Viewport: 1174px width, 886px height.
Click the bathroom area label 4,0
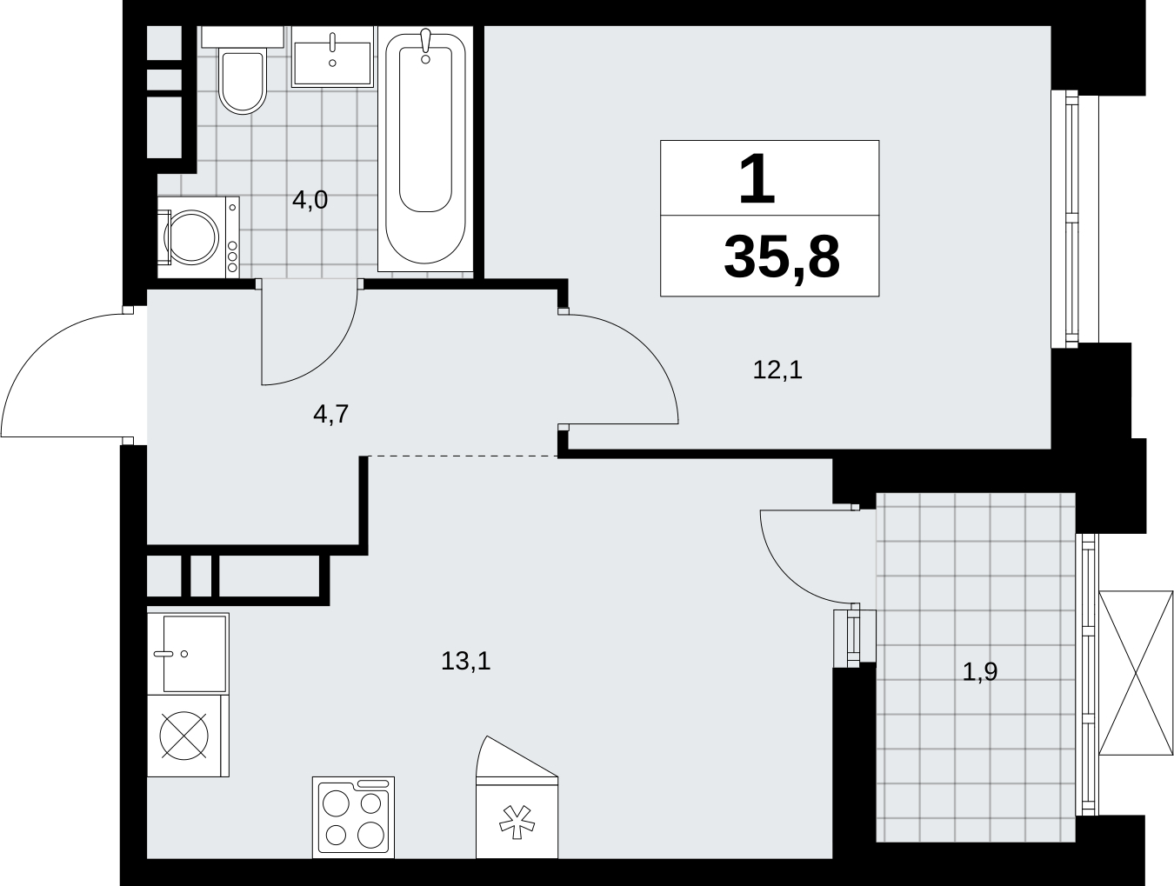[x=310, y=200]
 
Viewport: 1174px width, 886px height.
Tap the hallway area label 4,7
[x=331, y=414]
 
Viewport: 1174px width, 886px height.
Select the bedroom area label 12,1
[x=777, y=370]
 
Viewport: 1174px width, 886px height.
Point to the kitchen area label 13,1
[x=465, y=662]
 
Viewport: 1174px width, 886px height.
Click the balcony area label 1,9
[x=980, y=671]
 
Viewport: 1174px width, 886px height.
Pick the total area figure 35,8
[x=782, y=258]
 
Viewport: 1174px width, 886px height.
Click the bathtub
[x=425, y=148]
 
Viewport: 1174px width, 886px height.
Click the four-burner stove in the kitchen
[x=353, y=817]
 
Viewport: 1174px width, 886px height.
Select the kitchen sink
[x=188, y=653]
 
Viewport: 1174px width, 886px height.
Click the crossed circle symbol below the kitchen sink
[x=184, y=736]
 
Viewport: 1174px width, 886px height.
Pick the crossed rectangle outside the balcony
[x=1136, y=673]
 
